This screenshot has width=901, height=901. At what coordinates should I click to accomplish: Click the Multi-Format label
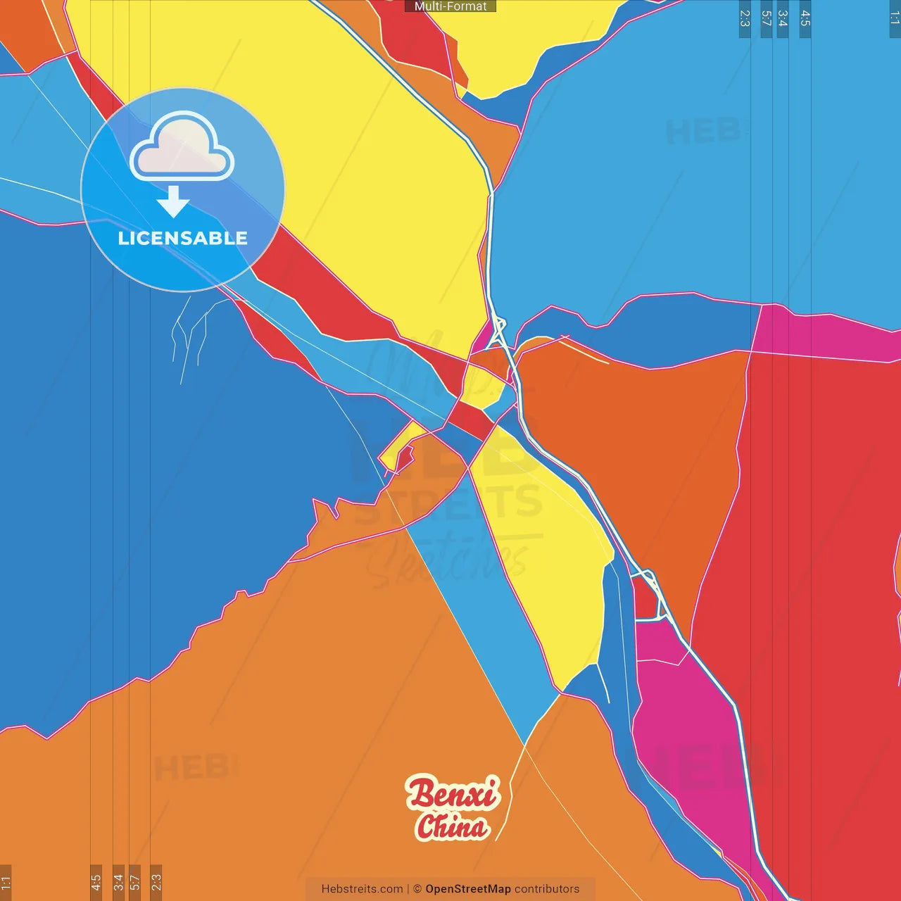[450, 6]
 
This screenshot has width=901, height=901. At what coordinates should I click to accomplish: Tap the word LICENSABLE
[183, 238]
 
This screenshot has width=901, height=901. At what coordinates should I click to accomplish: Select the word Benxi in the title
[453, 793]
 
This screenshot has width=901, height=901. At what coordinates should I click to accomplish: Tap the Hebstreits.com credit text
[362, 889]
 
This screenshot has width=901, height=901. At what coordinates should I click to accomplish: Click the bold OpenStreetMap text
[468, 889]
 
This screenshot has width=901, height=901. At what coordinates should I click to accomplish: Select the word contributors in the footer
[547, 889]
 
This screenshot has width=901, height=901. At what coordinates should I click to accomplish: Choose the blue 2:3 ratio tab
[745, 18]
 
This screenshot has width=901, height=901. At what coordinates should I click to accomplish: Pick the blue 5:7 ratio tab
[767, 18]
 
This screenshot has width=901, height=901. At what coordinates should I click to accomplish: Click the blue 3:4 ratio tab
[782, 18]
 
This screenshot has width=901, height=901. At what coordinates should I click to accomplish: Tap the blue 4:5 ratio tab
[805, 18]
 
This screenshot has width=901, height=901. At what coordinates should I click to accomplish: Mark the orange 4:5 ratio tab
[96, 882]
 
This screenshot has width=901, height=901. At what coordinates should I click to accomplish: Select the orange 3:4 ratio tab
[118, 882]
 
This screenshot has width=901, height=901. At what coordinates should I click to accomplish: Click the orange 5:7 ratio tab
[134, 882]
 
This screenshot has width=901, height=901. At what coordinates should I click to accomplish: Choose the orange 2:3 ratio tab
[156, 882]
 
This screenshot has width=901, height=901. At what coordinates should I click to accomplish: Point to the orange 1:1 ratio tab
[6, 882]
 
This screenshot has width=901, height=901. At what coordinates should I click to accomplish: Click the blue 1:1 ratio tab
[895, 18]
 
